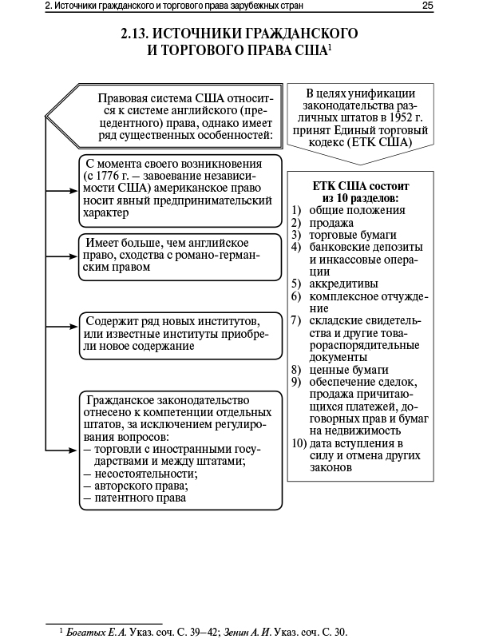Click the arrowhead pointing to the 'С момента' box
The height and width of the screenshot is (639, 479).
[x=73, y=191]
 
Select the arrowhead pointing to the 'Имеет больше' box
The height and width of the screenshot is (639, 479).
[x=73, y=256]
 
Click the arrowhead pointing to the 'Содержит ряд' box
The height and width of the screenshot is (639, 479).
[x=73, y=334]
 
